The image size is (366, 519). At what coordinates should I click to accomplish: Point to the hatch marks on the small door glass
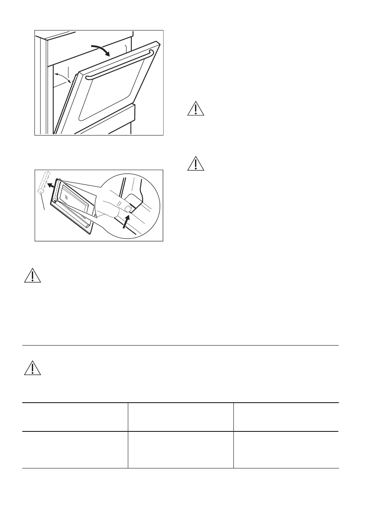pos(65,196)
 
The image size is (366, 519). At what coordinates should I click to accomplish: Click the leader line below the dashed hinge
pos(43,204)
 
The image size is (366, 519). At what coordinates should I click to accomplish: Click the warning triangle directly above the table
pos(31,368)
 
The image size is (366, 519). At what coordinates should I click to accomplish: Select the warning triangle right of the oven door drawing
pos(196,109)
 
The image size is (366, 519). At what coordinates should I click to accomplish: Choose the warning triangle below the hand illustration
pos(31,275)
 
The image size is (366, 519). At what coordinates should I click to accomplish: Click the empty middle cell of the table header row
pos(181,417)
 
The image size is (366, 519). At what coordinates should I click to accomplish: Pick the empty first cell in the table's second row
pos(75,450)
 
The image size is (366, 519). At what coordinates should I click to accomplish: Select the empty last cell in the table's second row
pos(286,450)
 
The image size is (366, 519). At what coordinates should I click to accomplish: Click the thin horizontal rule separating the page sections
pos(181,346)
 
